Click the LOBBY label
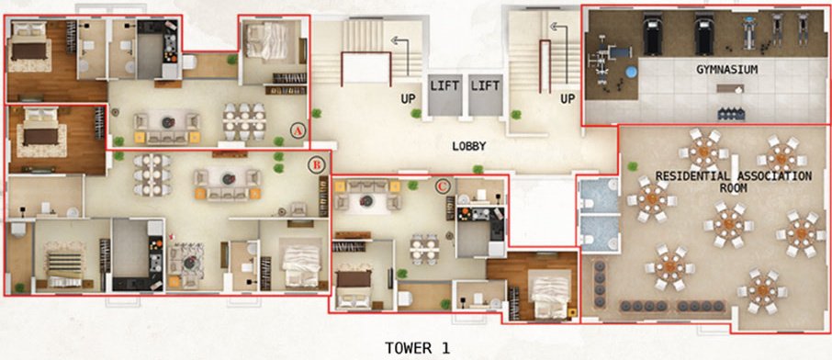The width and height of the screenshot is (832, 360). pyautogui.click(x=467, y=146)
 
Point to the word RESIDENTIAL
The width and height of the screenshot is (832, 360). pyautogui.click(x=686, y=174)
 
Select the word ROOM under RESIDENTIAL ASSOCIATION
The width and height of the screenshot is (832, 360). pyautogui.click(x=732, y=187)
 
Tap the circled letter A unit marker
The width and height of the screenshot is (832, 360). pyautogui.click(x=297, y=130)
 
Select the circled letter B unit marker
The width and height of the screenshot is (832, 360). pyautogui.click(x=315, y=164)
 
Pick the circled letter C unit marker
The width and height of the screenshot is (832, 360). pyautogui.click(x=442, y=186)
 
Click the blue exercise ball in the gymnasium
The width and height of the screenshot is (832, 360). pyautogui.click(x=630, y=72)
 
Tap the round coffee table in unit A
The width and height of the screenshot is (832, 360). pyautogui.click(x=168, y=121)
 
